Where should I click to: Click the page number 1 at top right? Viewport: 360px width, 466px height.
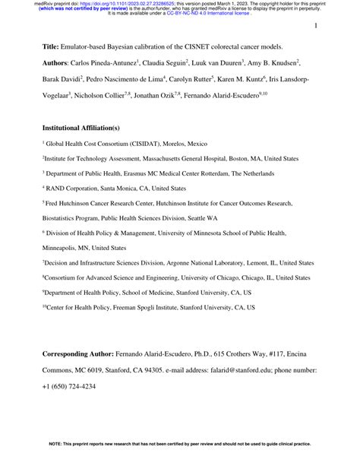[x=314, y=27]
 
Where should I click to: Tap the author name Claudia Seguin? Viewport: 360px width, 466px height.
[x=185, y=62]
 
